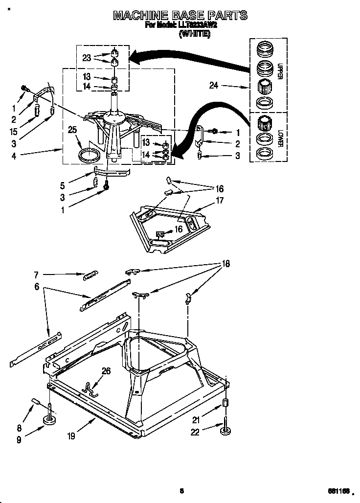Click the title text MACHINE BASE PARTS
point(180,16)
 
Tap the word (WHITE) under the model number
point(195,34)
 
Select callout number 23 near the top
point(87,58)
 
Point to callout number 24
point(213,86)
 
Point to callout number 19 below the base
point(71,435)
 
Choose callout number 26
point(105,371)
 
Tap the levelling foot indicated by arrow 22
point(225,430)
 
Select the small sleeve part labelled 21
point(226,403)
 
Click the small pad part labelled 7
point(91,275)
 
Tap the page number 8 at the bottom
point(181,490)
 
